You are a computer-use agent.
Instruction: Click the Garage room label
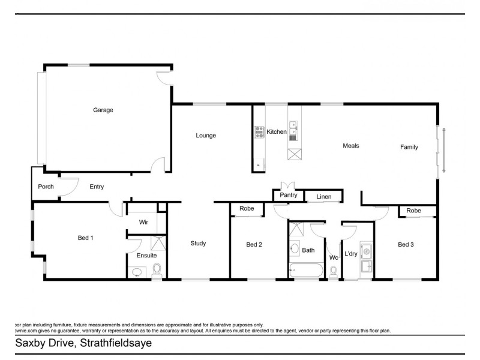click(x=103, y=110)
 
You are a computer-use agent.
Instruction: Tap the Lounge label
click(x=206, y=136)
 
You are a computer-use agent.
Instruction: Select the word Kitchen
click(x=277, y=132)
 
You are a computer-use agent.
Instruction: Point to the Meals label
click(x=350, y=146)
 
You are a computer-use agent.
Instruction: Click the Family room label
click(x=409, y=147)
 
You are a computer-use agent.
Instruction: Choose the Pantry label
click(x=289, y=196)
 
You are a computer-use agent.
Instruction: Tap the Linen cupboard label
click(x=324, y=197)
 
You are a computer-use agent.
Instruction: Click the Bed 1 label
click(x=86, y=238)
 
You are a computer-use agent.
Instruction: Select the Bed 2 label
click(x=254, y=245)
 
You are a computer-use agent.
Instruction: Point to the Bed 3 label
click(x=406, y=245)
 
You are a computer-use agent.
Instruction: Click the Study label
click(x=198, y=244)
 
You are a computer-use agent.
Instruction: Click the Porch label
click(x=46, y=187)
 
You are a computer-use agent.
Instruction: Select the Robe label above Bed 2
click(x=247, y=209)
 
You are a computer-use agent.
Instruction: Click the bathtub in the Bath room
click(x=307, y=270)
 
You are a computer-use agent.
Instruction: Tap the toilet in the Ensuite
click(x=157, y=269)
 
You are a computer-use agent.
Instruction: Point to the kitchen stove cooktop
click(x=260, y=132)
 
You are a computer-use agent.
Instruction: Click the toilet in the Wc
click(x=334, y=271)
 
